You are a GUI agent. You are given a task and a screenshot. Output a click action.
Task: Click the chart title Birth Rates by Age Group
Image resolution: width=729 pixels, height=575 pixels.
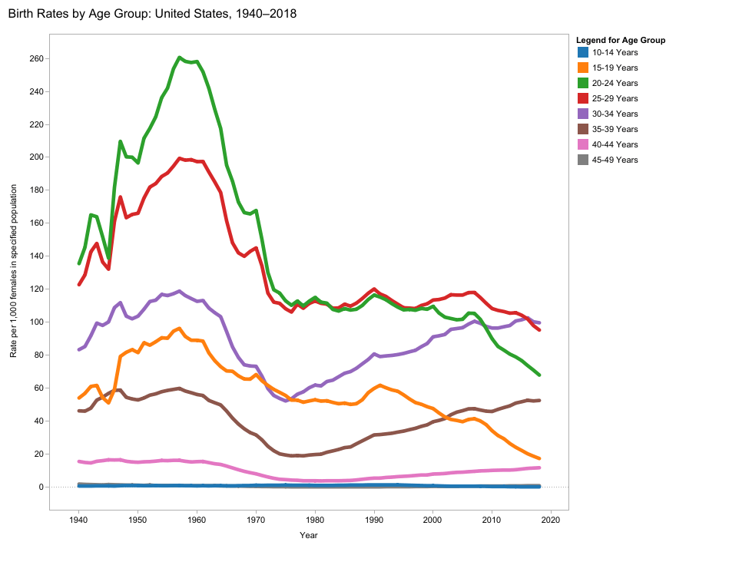[x=152, y=14]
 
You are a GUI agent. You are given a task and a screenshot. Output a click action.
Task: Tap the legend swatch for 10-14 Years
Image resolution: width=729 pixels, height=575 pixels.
[x=582, y=52]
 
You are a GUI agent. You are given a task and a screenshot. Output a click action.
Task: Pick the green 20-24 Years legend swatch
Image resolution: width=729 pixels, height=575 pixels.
[x=582, y=83]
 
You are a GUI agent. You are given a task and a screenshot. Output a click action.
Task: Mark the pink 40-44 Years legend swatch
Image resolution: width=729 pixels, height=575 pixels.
[x=582, y=144]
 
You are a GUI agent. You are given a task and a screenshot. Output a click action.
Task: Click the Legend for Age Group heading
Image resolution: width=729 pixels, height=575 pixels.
[x=620, y=40]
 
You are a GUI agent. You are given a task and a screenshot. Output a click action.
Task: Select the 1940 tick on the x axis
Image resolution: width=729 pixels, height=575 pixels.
[x=78, y=520]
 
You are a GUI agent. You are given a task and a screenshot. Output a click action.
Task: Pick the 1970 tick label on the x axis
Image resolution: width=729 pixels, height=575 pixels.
[x=256, y=520]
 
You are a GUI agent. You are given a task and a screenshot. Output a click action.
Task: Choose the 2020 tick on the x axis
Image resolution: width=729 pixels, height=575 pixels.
[x=551, y=520]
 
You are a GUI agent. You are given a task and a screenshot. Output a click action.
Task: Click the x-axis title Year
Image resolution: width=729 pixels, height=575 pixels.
[x=309, y=535]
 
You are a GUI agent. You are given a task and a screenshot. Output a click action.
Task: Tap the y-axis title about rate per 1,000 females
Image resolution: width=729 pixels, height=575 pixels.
[x=13, y=271]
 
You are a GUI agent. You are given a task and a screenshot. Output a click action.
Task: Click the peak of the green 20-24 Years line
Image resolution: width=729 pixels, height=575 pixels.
[x=180, y=58]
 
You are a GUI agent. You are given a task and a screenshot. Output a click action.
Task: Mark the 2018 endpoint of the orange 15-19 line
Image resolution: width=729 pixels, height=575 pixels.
[x=539, y=458]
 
